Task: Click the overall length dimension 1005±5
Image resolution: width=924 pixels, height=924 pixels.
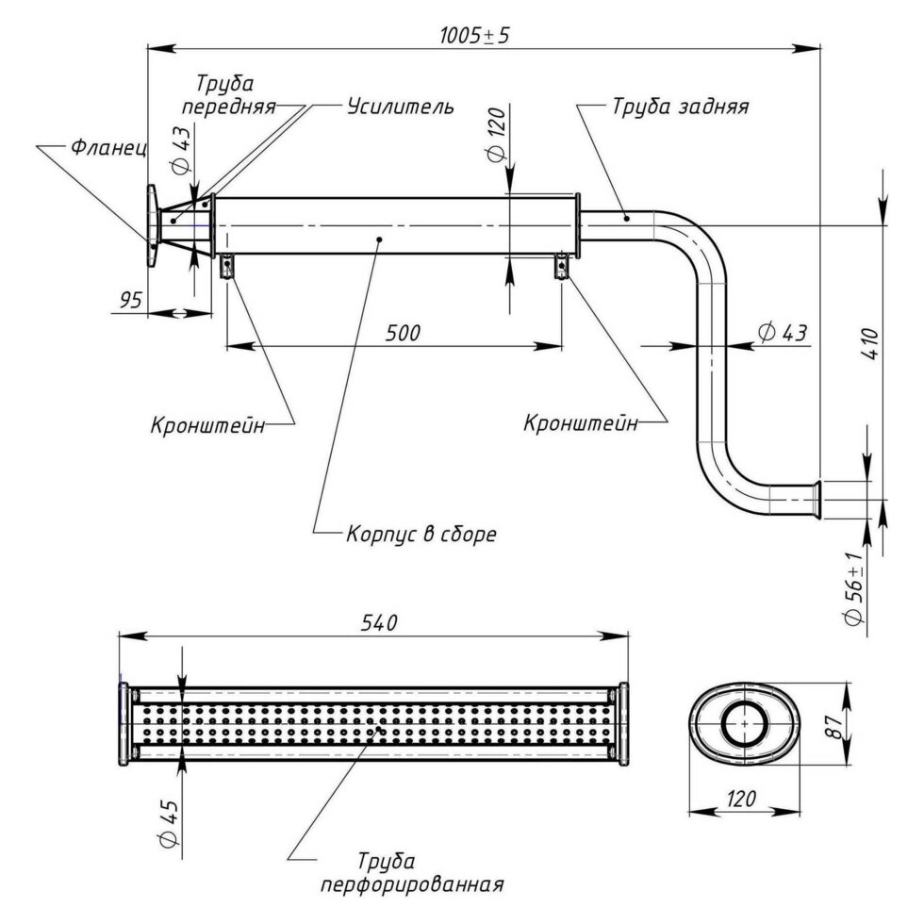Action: (474, 36)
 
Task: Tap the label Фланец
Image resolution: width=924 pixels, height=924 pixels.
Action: (109, 147)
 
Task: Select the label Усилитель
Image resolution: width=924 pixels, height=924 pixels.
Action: (401, 106)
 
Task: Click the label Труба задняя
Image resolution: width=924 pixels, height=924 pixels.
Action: (681, 107)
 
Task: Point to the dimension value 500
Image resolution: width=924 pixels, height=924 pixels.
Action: (404, 333)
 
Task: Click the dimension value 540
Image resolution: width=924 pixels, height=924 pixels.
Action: (379, 622)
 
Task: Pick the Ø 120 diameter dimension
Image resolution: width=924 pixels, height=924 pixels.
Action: (497, 134)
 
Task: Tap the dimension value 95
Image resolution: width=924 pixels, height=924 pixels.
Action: (131, 300)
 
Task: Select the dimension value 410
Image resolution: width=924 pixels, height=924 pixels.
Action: (871, 343)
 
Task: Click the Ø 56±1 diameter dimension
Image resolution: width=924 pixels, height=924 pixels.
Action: (854, 589)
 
